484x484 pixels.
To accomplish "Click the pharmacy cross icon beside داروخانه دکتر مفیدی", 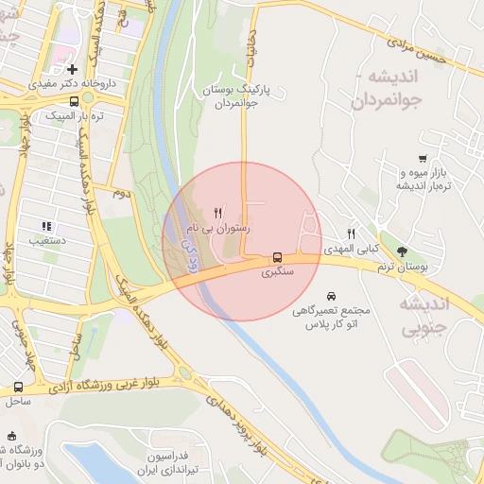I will [73, 69].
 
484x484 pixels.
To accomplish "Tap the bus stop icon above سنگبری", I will [277, 256].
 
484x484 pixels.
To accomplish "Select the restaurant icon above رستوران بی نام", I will [219, 212].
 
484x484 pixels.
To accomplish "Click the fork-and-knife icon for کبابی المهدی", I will [351, 233].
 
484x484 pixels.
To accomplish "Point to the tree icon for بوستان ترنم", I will [402, 251].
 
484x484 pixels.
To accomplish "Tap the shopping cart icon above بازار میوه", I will [422, 159].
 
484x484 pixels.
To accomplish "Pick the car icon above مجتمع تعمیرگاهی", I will [330, 295].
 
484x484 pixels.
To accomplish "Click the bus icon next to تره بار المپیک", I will [74, 101].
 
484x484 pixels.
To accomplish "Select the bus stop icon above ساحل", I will [18, 387].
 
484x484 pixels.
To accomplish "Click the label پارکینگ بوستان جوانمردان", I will [236, 96].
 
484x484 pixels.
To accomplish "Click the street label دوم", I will [120, 193].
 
